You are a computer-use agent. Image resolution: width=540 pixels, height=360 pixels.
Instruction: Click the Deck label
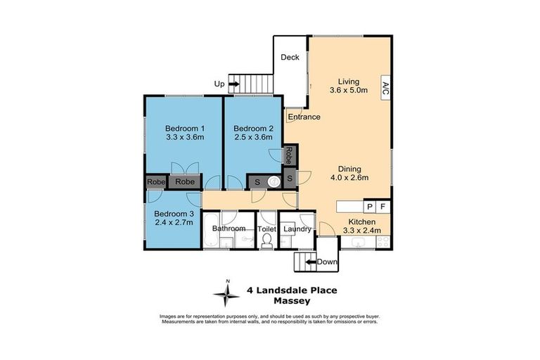click(290, 58)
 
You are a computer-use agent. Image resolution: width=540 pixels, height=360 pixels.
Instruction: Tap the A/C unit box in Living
click(385, 88)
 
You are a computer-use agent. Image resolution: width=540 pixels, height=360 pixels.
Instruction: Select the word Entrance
click(304, 117)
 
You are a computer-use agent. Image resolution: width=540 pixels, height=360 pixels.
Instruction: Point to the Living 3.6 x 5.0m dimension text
click(348, 90)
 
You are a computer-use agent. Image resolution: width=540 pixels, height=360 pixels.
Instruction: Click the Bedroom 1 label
click(184, 128)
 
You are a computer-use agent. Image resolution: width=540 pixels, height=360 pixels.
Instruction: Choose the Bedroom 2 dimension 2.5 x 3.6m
click(252, 137)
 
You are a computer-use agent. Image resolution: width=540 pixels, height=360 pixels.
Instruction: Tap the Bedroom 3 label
click(174, 214)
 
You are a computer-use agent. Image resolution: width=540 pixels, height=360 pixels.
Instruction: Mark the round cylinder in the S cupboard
click(275, 181)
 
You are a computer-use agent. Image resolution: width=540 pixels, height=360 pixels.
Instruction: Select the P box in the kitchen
click(370, 206)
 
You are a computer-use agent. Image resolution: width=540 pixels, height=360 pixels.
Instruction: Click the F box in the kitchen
click(382, 206)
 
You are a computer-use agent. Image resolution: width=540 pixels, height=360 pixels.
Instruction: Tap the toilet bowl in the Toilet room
click(266, 242)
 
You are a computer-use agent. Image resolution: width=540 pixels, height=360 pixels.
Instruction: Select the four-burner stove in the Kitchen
click(383, 243)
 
